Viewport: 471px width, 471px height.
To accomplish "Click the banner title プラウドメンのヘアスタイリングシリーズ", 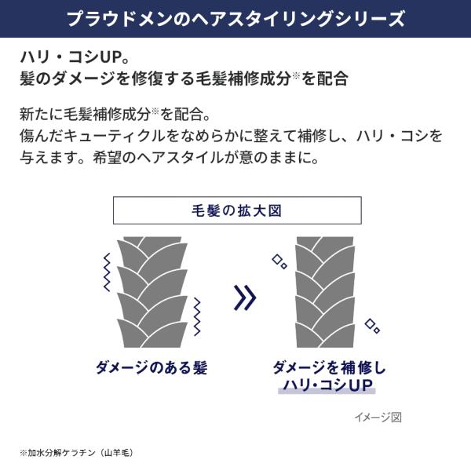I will (x=235, y=18).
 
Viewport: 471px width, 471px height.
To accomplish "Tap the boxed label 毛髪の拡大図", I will (x=236, y=211).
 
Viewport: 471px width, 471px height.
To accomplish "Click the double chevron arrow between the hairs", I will (x=245, y=297).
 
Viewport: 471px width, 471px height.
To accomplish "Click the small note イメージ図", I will (x=377, y=417).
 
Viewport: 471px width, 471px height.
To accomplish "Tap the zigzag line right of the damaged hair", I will (x=197, y=316).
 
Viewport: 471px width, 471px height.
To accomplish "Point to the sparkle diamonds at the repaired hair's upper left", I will (x=279, y=261).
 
